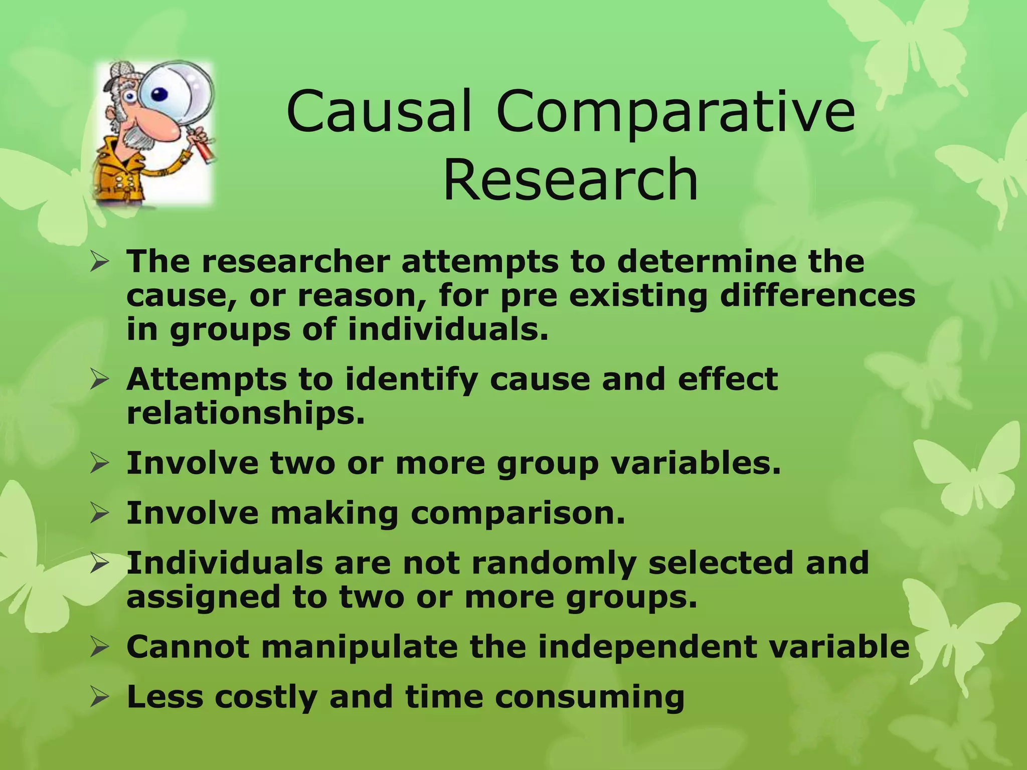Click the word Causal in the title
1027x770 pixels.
pyautogui.click(x=379, y=111)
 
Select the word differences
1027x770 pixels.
pyautogui.click(x=817, y=295)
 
